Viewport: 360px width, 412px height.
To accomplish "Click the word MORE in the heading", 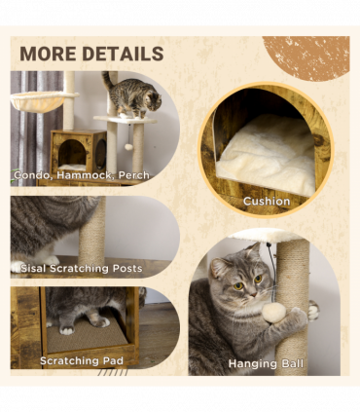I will click(50, 53).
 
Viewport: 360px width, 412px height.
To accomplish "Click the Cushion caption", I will click(267, 202).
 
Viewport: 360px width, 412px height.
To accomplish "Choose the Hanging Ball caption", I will click(266, 364).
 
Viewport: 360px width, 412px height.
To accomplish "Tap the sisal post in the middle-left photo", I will click(91, 234).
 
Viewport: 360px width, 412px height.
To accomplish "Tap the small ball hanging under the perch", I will click(127, 146).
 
